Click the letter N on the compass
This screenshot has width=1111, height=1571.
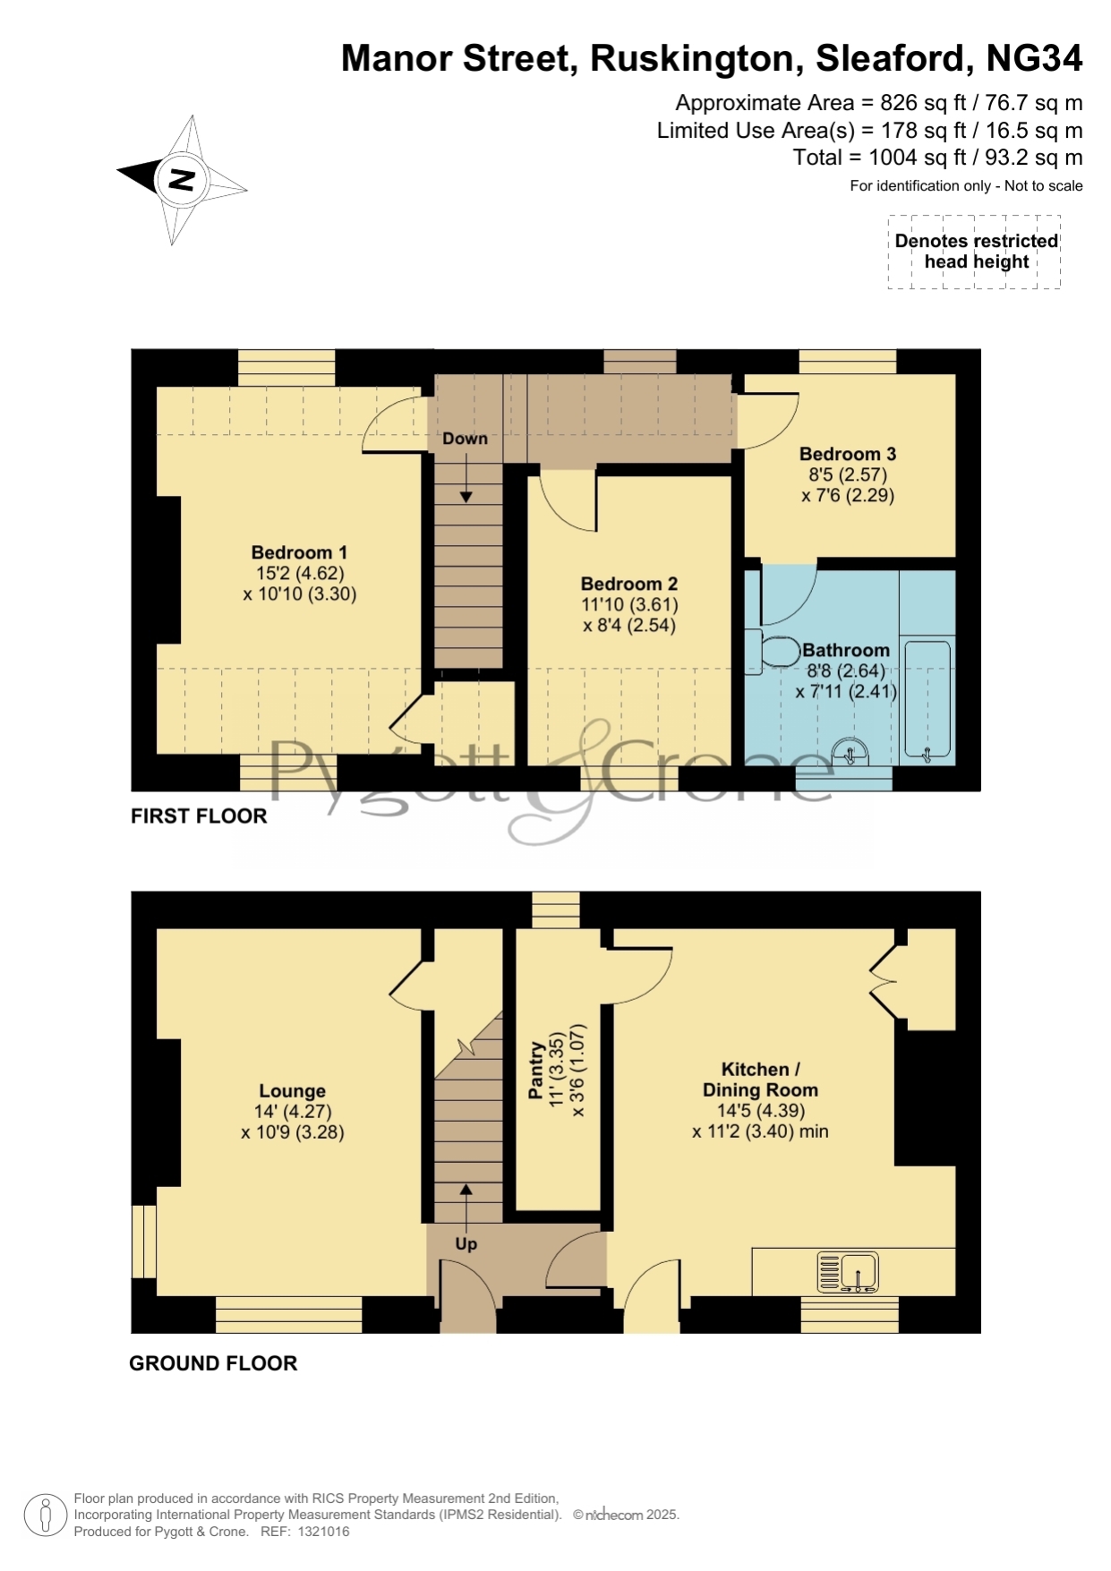point(182,180)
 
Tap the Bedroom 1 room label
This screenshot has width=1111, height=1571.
point(299,552)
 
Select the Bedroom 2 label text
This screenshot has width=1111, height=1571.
point(629,584)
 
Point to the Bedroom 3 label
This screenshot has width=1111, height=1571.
point(848,454)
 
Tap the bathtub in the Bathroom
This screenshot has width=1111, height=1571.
point(927,701)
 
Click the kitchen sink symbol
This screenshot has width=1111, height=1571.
point(847,1272)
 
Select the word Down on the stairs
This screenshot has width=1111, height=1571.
point(466,439)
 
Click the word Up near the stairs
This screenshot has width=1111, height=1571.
point(466,1244)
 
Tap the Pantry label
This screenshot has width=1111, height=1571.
point(536,1070)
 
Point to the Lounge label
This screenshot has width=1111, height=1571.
point(293,1091)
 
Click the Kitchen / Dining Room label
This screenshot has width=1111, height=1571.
point(760,1080)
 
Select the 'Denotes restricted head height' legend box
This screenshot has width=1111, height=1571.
point(975,252)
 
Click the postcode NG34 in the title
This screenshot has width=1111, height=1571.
point(1034,58)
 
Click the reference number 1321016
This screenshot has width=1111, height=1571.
point(323,1532)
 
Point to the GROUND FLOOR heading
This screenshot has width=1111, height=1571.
point(213,1363)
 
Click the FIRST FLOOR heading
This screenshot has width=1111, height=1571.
point(199,816)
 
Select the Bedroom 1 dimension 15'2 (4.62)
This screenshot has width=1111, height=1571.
point(300,573)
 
